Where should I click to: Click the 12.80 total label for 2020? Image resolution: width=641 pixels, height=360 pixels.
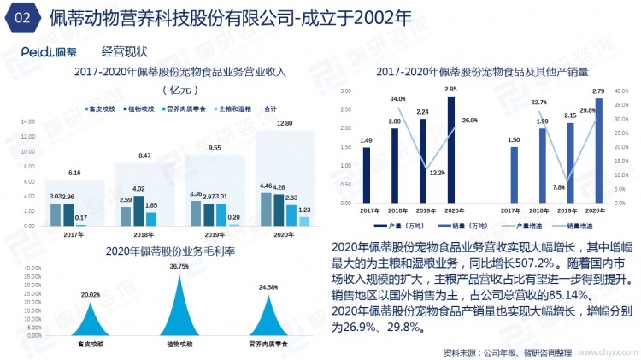point(285,124)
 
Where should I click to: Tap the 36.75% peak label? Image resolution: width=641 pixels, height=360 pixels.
point(179,267)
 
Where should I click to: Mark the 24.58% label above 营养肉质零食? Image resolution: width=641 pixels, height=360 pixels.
point(268,286)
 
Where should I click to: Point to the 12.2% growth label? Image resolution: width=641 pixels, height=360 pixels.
point(437,173)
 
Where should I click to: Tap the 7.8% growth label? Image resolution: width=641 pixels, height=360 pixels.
point(558,187)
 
